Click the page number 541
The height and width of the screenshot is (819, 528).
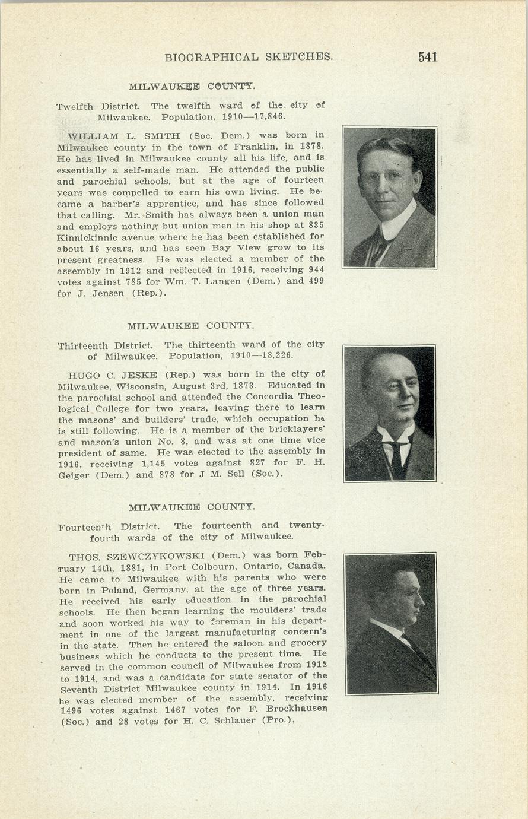click(427, 57)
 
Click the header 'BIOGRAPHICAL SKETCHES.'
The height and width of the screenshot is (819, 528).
click(249, 58)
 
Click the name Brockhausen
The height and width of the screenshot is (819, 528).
click(297, 710)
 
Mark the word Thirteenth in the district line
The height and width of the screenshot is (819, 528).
click(82, 345)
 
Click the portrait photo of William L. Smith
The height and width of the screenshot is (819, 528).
click(389, 197)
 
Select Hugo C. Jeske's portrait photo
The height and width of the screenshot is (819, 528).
click(389, 413)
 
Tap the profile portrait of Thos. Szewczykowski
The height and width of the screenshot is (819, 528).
click(392, 623)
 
